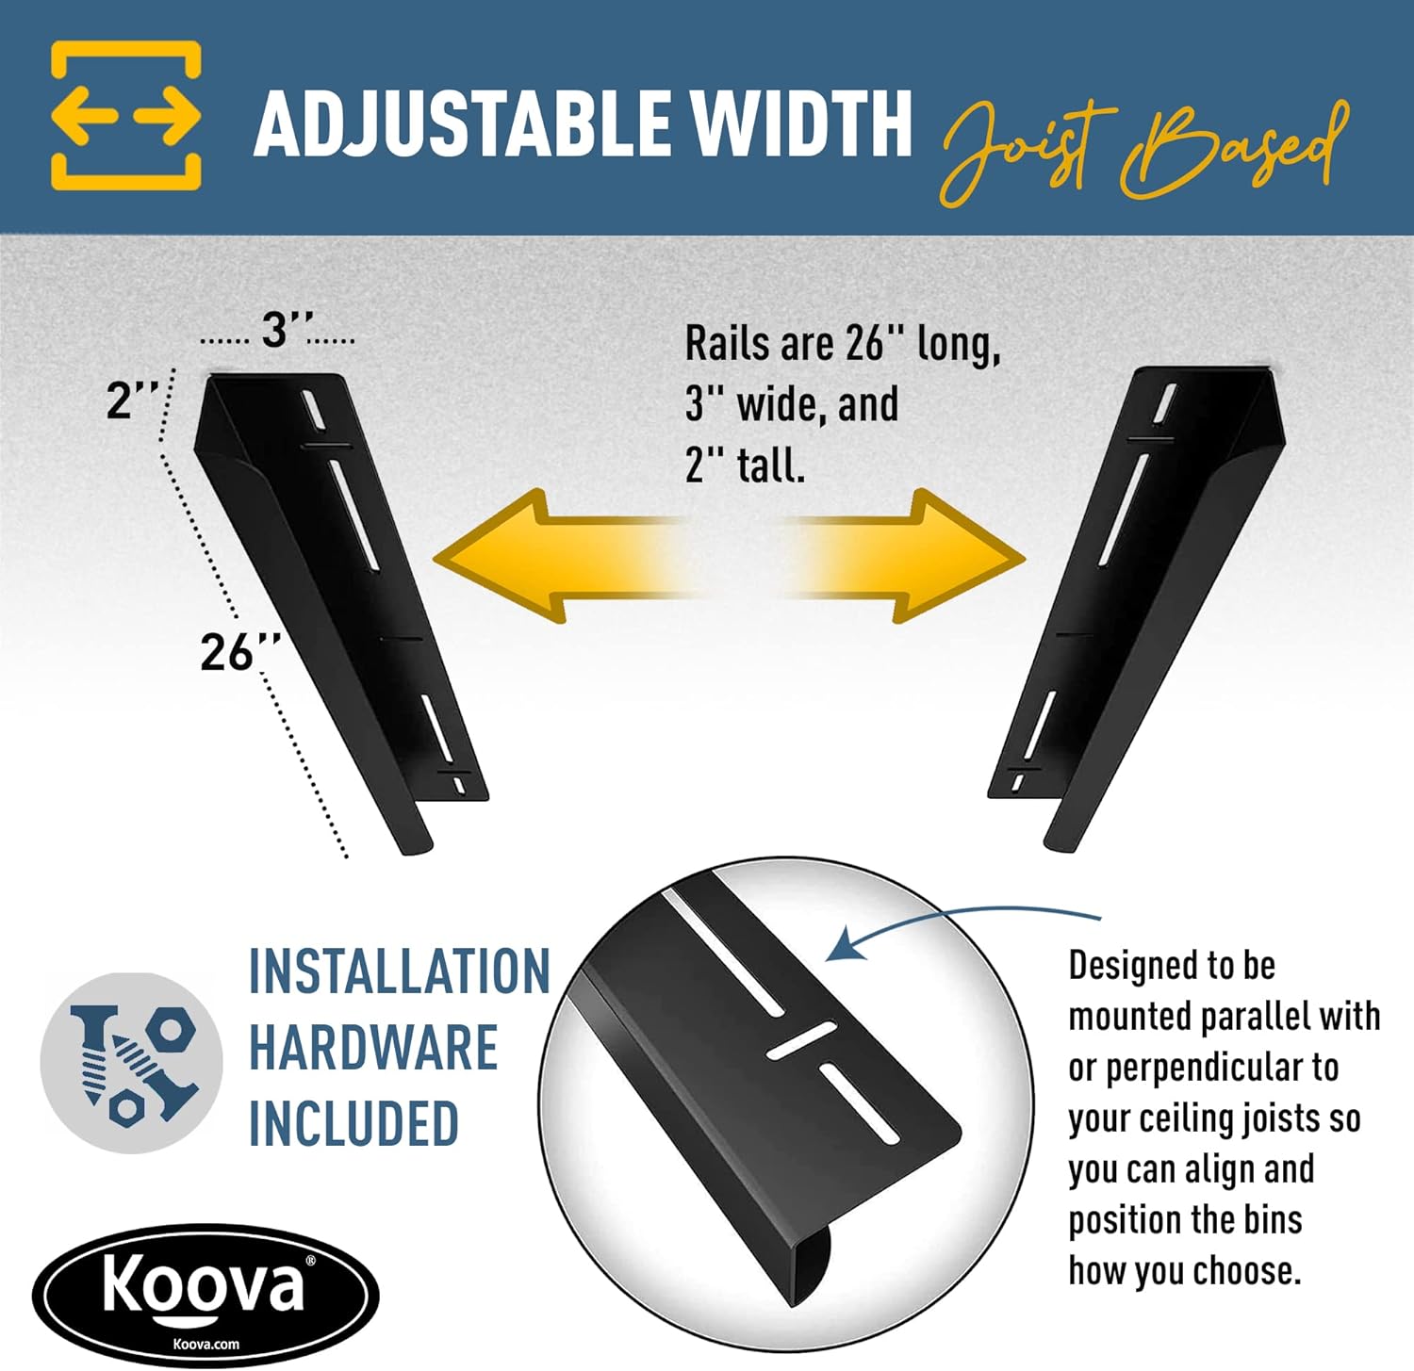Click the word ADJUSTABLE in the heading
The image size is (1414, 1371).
coord(462,123)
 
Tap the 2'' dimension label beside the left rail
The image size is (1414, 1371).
coord(131,400)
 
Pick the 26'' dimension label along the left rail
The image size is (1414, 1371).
coord(240,651)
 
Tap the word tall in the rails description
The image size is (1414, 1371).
coord(771,465)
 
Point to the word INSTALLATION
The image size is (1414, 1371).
coord(400,971)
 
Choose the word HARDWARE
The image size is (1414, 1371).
coord(373,1048)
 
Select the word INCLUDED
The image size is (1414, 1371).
coord(353,1123)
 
